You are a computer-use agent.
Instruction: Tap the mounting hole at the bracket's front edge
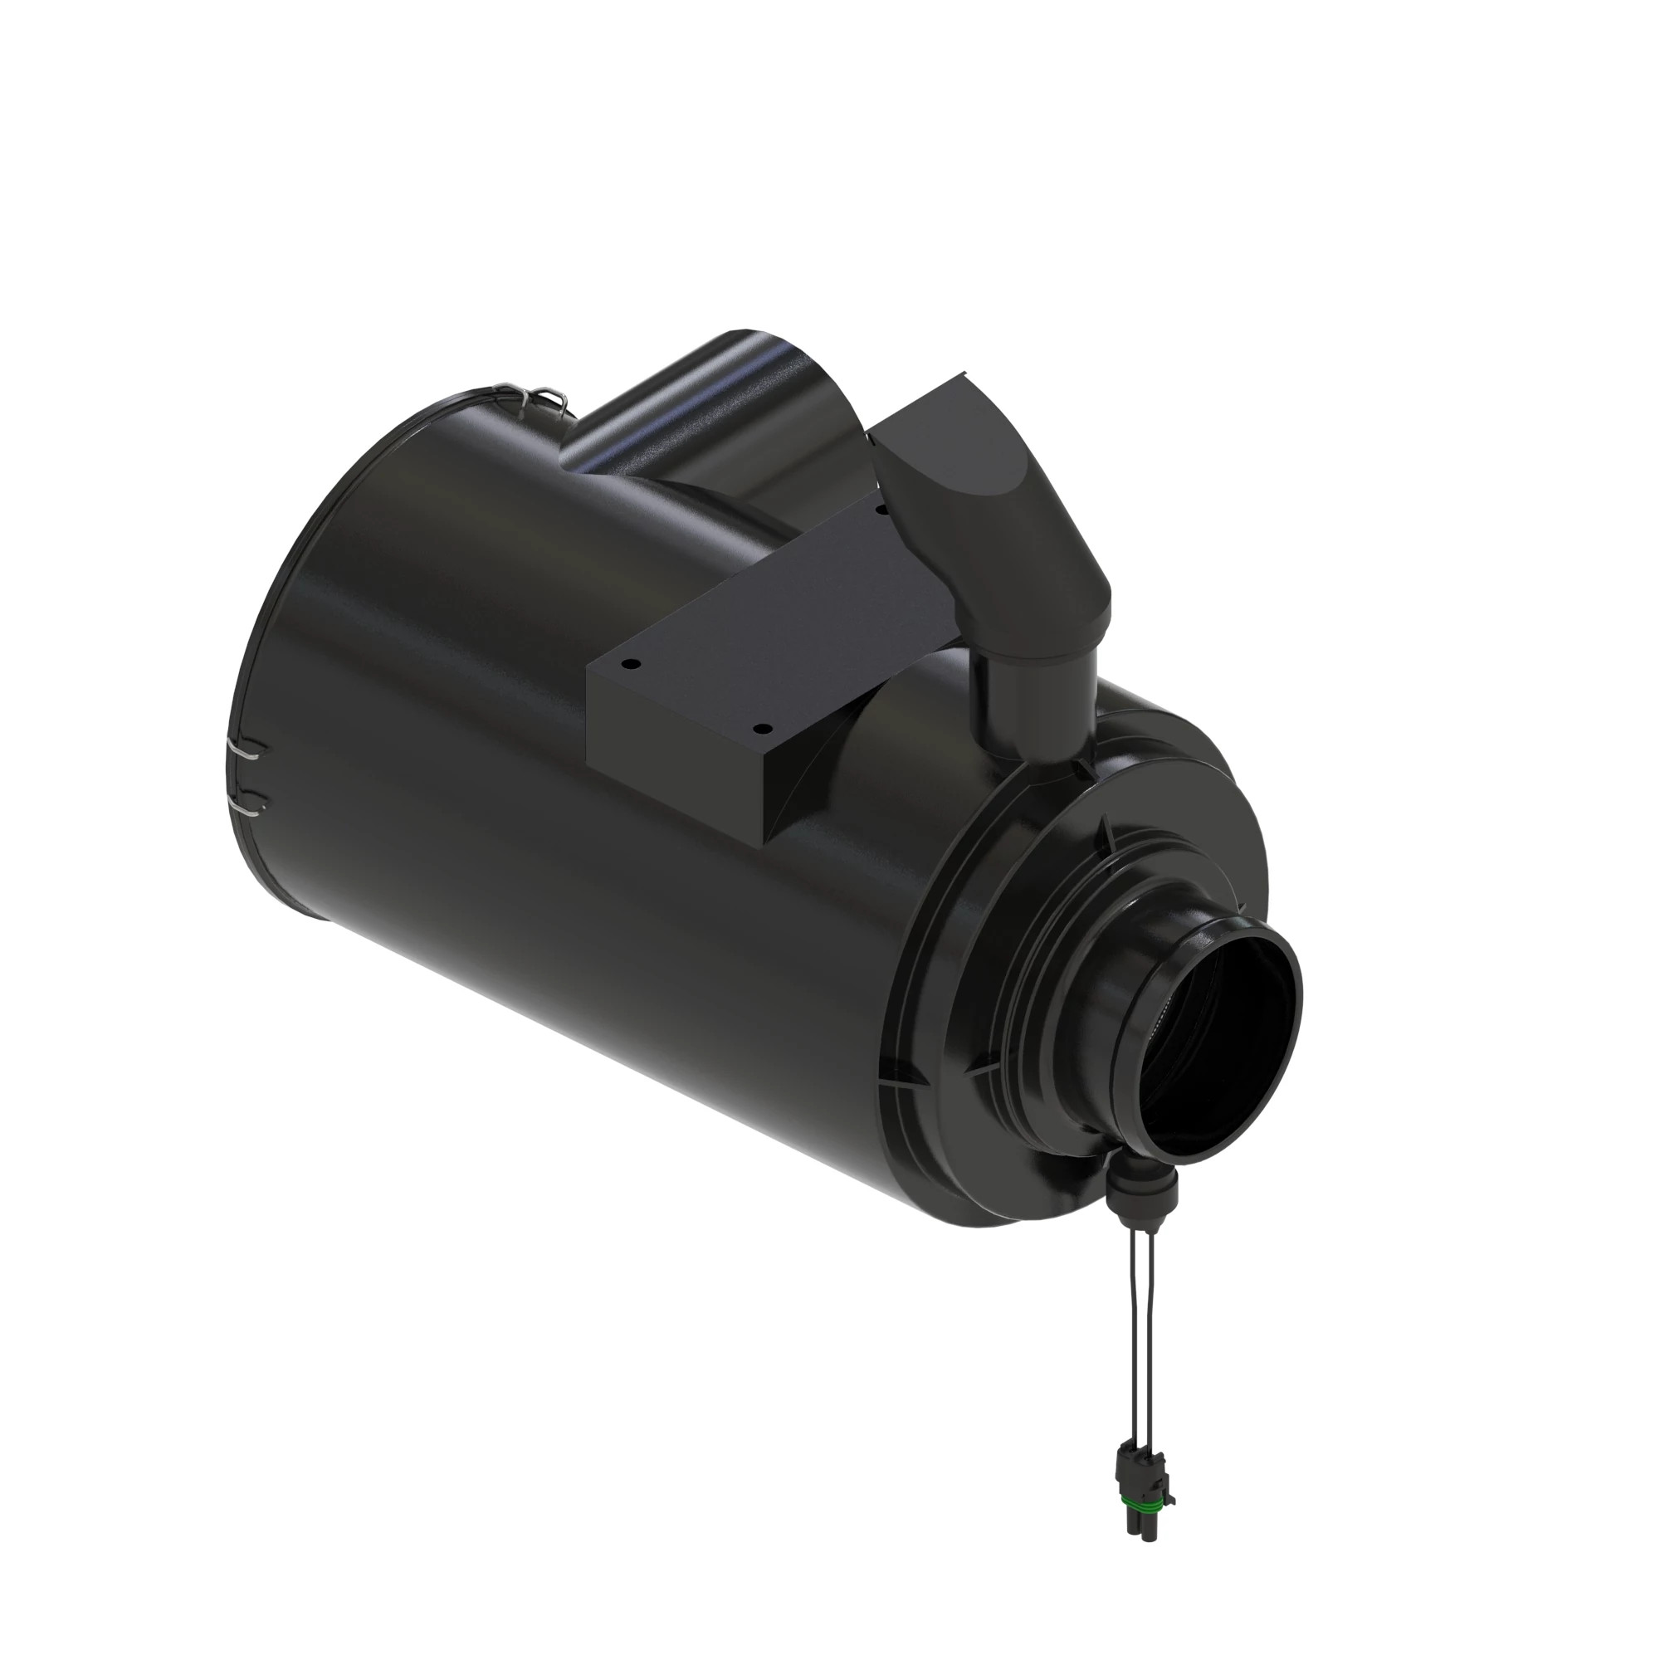tap(759, 729)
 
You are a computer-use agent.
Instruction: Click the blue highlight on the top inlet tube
tap(636, 430)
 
